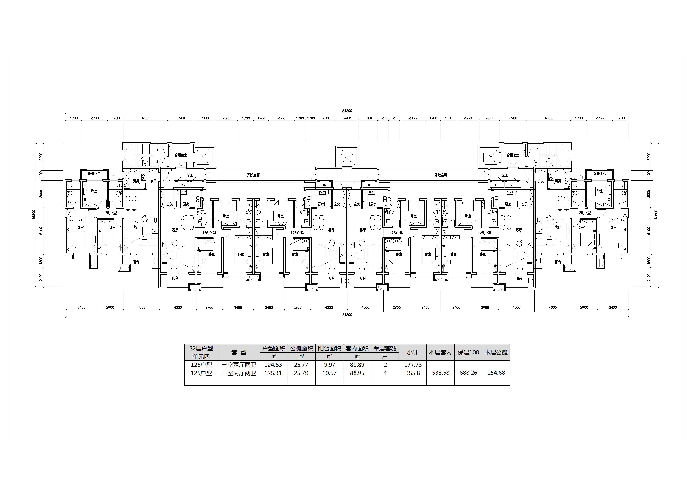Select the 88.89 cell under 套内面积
pos(357,365)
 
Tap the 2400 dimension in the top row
pos(347,118)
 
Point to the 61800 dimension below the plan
pos(347,315)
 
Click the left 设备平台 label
pos(94,174)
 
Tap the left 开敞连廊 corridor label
pos(253,175)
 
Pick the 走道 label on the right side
pos(505,175)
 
